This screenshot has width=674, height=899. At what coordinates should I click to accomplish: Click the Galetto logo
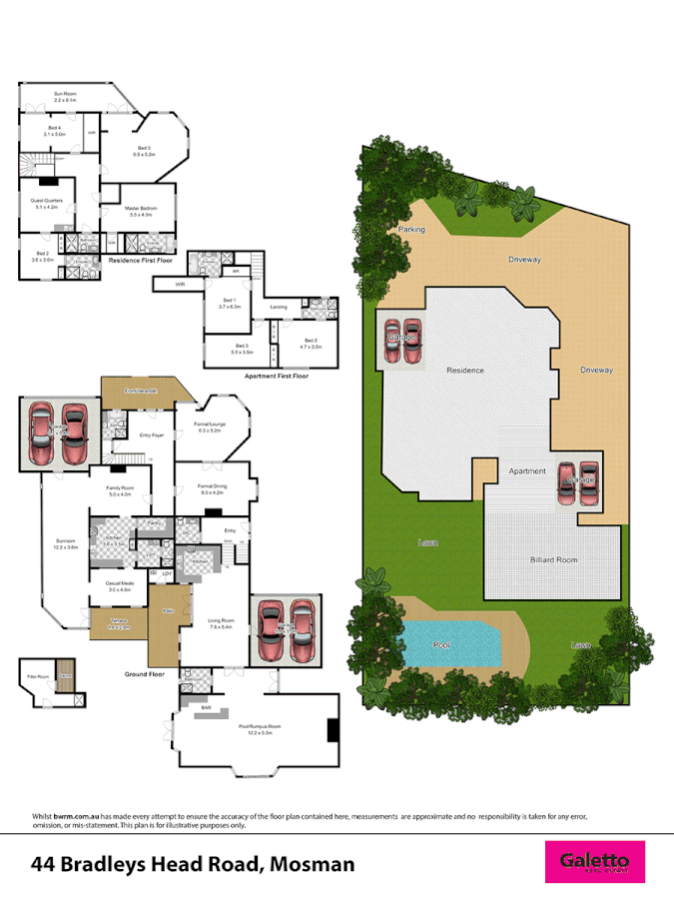pos(594,861)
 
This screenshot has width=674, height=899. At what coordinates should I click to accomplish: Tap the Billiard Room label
pos(553,560)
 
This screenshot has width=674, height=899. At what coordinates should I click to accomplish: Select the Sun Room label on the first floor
pos(65,96)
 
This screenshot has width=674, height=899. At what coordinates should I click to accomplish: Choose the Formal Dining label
pos(214,488)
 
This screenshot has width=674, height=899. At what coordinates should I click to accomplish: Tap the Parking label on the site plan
pos(411,229)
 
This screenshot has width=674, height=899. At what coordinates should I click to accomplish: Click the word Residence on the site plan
pos(465,370)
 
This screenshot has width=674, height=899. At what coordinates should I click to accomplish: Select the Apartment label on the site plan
pos(527,470)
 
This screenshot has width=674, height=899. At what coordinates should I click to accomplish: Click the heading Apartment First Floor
pos(277,377)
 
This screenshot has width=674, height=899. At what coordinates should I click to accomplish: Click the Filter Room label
pos(37,676)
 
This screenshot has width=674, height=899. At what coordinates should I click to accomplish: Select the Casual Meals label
pos(119,587)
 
